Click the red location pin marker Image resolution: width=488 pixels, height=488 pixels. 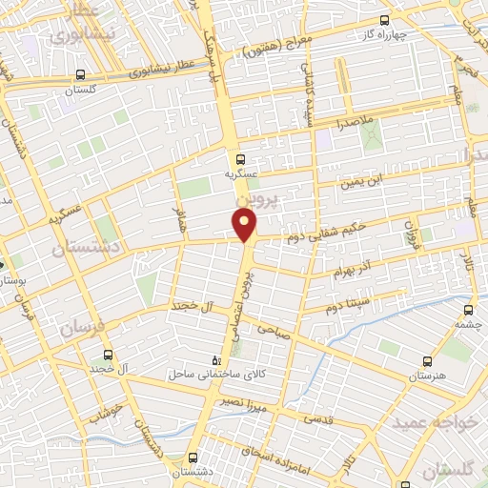click(x=245, y=225)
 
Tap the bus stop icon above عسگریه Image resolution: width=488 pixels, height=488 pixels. click(x=240, y=159)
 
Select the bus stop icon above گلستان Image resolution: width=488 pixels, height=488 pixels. click(x=80, y=74)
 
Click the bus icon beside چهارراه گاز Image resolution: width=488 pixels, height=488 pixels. click(x=385, y=20)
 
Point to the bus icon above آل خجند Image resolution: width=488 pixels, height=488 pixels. click(x=107, y=353)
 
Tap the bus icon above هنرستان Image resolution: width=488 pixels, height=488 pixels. click(x=426, y=361)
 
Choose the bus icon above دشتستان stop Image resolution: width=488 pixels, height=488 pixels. click(x=193, y=457)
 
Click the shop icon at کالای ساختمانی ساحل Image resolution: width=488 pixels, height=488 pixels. click(x=215, y=360)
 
